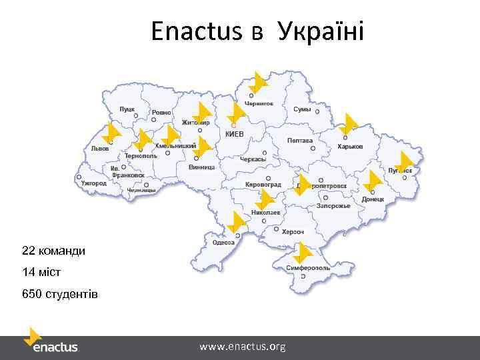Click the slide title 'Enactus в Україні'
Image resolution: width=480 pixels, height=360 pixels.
coord(257,31)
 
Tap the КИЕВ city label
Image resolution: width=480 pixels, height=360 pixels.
coord(235,134)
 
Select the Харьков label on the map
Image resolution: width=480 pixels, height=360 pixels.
coord(350,147)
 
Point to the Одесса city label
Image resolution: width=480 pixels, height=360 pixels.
coord(223,243)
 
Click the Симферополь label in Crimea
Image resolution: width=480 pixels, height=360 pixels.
coord(304,267)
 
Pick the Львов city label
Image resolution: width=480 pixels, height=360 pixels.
coord(101,149)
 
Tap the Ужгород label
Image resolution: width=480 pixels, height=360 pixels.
coord(93,183)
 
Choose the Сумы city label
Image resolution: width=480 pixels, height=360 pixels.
coord(302,109)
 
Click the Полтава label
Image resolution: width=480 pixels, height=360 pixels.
coord(300,141)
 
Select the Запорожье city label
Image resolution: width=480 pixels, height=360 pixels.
coord(333,206)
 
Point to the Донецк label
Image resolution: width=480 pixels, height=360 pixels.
coord(373,199)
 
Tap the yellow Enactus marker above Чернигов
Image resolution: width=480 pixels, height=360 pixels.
coord(257,82)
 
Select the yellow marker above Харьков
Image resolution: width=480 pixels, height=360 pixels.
coord(348,125)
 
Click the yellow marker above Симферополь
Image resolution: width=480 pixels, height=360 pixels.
coord(303,253)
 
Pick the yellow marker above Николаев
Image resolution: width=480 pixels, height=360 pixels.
coord(265,199)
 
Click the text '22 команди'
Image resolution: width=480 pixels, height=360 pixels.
coord(53,251)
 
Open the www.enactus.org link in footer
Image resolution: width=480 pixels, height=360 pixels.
coord(243,347)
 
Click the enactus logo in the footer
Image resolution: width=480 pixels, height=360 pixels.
coord(51,341)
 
